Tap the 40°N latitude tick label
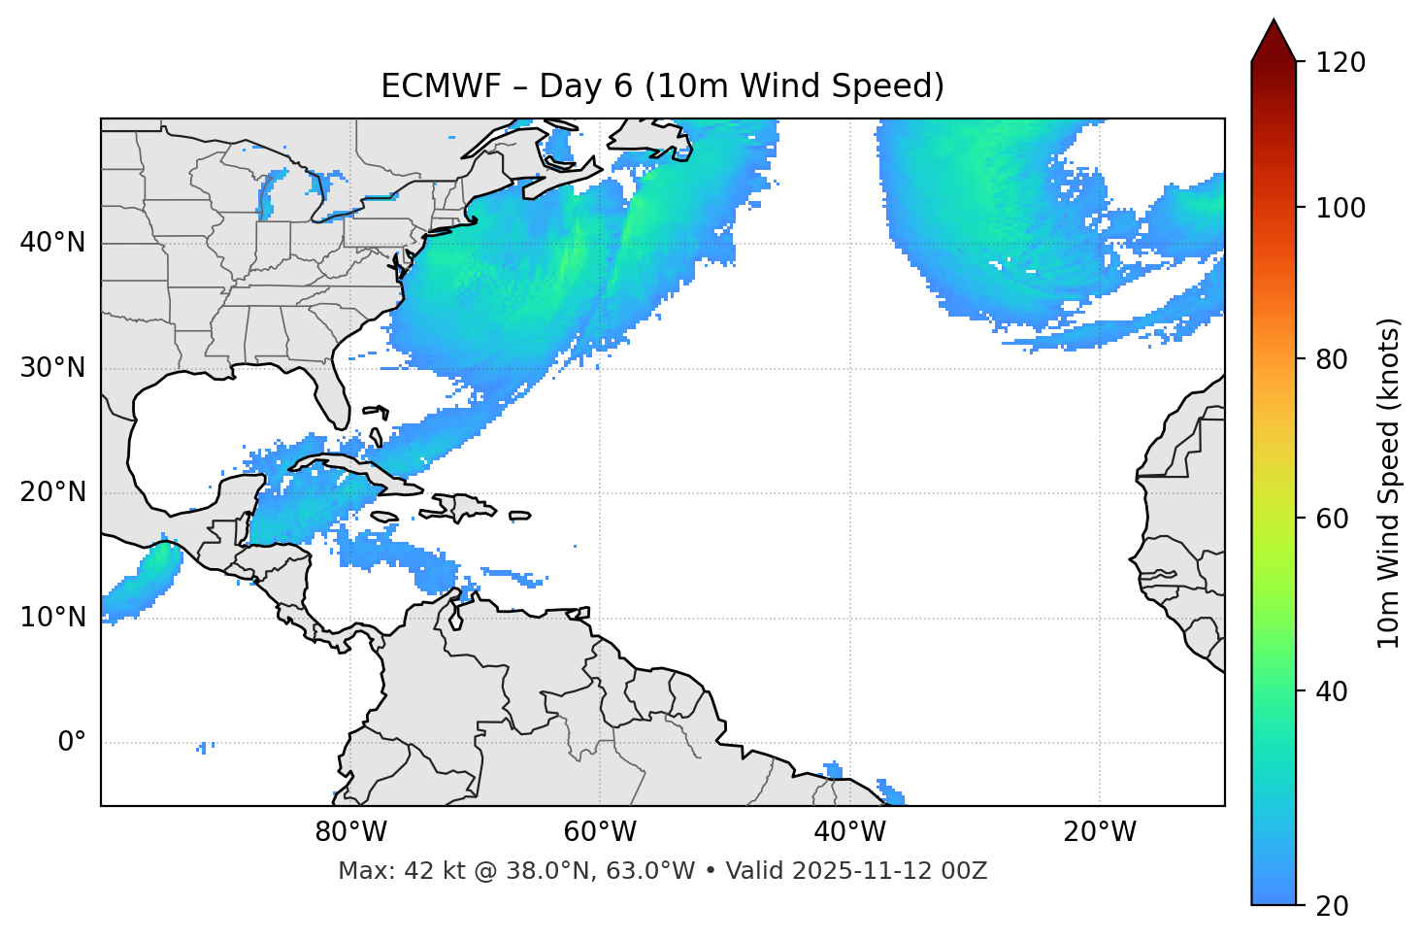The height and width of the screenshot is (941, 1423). click(x=52, y=243)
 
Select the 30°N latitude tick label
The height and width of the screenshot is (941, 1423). click(x=52, y=368)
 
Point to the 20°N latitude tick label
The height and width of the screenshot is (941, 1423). click(x=52, y=492)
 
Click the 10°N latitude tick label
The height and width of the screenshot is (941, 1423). click(x=52, y=618)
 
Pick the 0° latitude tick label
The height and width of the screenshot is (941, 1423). click(x=72, y=742)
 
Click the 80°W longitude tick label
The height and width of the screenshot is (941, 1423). click(x=350, y=832)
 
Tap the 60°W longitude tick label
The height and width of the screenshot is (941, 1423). click(x=600, y=832)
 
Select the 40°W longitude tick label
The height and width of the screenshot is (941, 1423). click(x=849, y=832)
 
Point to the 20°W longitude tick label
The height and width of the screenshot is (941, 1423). click(x=1099, y=832)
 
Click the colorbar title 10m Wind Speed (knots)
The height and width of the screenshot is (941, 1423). click(x=1389, y=483)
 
